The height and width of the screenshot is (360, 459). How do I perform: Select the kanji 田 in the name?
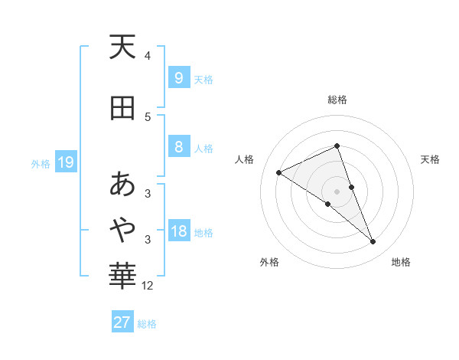(122, 108)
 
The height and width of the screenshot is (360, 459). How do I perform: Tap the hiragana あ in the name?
(122, 185)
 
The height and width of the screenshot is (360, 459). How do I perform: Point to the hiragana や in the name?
(122, 227)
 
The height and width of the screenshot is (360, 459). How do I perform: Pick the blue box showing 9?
(178, 78)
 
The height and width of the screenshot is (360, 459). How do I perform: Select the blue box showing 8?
(178, 147)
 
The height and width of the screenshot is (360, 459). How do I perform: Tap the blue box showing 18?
(178, 232)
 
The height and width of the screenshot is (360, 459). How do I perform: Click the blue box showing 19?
(65, 162)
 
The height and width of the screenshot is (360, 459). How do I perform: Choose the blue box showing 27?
(122, 322)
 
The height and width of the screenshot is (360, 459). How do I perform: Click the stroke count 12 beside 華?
(148, 286)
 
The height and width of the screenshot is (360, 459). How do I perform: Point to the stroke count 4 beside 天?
(148, 55)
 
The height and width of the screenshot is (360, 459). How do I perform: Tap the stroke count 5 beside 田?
(148, 116)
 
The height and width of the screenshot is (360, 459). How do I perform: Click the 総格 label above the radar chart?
(337, 100)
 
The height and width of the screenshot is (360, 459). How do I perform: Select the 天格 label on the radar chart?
(431, 159)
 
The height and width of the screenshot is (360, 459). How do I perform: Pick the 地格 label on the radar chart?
(401, 262)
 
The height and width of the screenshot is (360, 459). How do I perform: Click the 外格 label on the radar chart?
(269, 262)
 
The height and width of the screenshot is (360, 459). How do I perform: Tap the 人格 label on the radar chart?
(245, 159)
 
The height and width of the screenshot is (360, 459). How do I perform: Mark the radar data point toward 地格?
(373, 242)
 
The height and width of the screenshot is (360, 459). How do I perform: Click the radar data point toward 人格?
(278, 172)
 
